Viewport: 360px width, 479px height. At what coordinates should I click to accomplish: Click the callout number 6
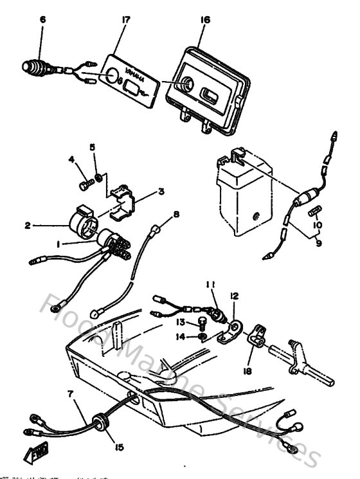coord(42,20)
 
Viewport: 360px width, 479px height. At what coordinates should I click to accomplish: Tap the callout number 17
coord(125,20)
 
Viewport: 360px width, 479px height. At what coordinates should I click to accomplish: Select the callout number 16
coord(205,20)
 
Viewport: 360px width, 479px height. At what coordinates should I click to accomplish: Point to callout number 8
coord(176,213)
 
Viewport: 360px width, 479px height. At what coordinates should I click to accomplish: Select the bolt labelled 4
coord(84,185)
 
